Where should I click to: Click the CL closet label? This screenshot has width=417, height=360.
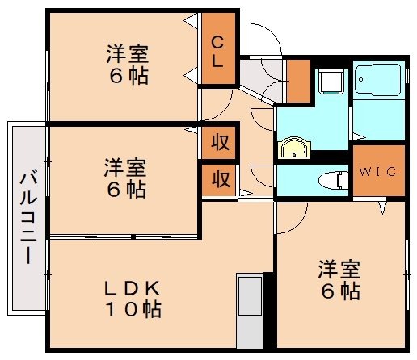click(218, 50)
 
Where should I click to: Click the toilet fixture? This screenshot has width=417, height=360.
click(330, 178)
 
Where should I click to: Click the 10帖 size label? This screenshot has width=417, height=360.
click(135, 309)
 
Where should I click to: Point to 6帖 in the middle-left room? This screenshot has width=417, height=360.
click(125, 190)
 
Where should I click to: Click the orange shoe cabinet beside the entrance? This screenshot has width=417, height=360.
click(298, 82)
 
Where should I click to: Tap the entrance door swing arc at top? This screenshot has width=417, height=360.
click(263, 40)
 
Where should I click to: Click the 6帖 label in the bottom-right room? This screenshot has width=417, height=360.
click(339, 291)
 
